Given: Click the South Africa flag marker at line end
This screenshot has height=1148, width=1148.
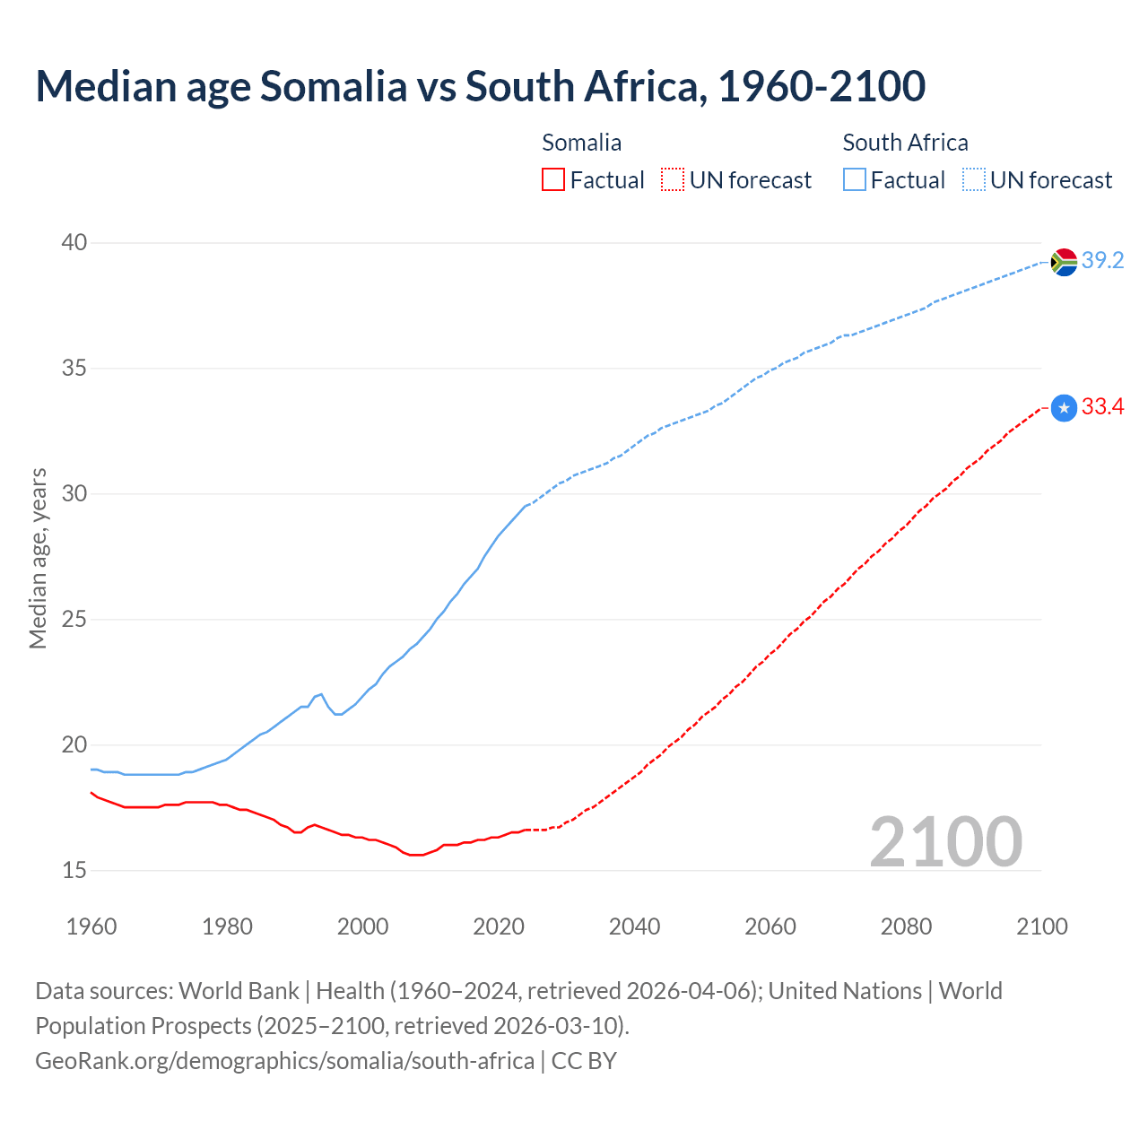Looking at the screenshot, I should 1064,262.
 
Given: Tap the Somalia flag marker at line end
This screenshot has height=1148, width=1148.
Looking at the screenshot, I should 1064,408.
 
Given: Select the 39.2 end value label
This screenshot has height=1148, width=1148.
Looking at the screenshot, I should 1102,261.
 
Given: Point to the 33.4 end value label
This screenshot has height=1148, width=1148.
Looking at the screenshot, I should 1102,407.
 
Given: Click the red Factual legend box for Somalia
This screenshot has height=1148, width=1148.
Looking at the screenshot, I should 553,180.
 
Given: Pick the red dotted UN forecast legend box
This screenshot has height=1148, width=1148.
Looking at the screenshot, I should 673,180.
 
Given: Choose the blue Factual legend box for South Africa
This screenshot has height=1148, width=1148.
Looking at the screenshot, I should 854,180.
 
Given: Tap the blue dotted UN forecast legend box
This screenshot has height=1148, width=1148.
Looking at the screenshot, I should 973,180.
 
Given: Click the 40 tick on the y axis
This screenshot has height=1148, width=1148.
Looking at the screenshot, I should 74,243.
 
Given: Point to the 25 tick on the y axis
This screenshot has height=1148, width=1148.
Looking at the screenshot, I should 74,620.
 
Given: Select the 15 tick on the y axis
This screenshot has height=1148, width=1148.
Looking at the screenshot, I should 74,871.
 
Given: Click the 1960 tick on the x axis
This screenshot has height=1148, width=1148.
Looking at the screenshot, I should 91,926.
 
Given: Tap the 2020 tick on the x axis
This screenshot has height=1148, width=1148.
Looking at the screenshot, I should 499,926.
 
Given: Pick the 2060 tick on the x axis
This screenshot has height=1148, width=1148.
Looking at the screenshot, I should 770,926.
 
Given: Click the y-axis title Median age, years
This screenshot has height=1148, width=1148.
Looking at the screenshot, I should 38,558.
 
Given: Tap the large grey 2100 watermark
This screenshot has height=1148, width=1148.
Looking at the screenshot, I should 945,842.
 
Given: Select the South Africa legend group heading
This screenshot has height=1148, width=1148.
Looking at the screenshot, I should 905,143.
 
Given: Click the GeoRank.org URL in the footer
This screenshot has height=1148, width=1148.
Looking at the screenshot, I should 284,1061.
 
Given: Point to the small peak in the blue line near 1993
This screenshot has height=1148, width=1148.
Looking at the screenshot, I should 320,694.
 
